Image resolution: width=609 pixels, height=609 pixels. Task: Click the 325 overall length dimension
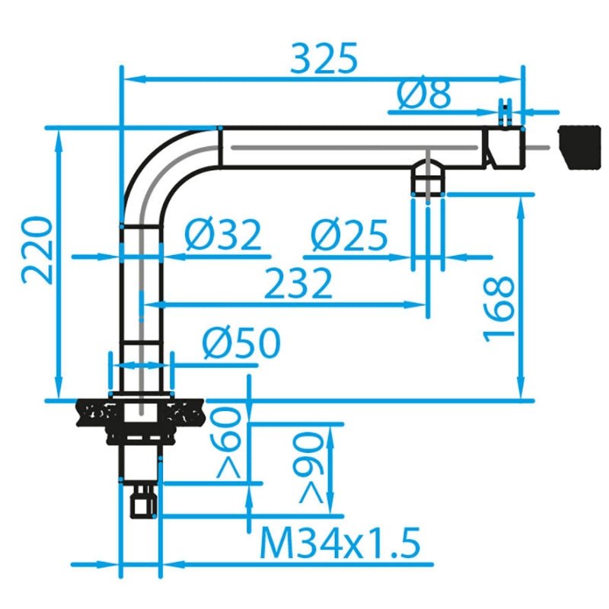(324, 59)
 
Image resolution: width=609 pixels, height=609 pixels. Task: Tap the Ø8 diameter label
(424, 94)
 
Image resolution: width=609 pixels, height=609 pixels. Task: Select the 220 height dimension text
(37, 250)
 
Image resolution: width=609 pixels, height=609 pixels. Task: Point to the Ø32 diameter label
(222, 235)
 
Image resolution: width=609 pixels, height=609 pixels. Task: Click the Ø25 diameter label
(349, 235)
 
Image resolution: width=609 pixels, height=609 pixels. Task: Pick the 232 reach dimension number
(298, 282)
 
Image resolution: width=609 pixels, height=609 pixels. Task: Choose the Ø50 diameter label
(241, 343)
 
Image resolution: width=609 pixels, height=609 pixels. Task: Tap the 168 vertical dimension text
(499, 309)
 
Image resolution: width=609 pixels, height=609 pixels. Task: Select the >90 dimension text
(308, 467)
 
